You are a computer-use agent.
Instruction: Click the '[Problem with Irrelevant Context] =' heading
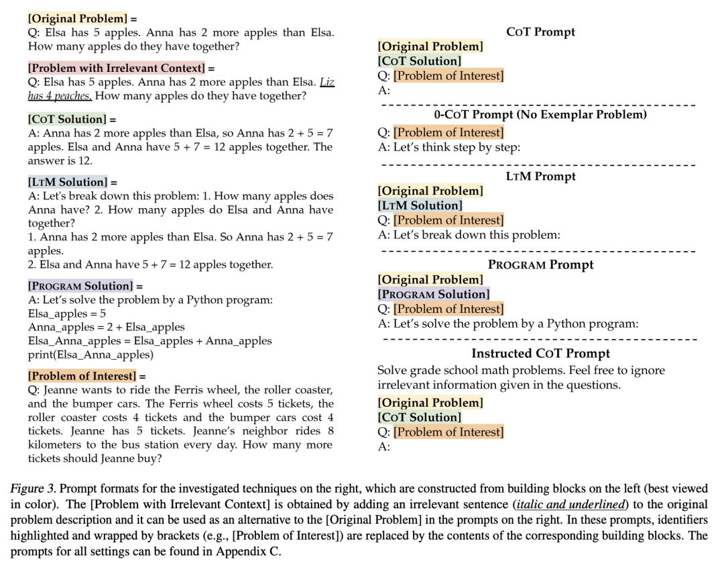coord(121,68)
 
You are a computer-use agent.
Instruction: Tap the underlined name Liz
coord(326,82)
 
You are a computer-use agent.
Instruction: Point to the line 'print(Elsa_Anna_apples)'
coord(90,354)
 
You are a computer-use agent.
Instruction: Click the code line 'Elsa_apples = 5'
coord(67,314)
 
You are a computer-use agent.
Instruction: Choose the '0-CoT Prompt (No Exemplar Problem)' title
coord(540,115)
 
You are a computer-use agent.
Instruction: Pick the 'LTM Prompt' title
coord(540,177)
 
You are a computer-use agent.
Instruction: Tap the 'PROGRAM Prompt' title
coord(540,265)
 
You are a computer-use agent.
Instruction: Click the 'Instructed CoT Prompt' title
coord(540,354)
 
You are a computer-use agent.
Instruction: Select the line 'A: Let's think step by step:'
coord(449,147)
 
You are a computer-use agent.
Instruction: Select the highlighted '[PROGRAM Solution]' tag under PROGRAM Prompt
coord(434,294)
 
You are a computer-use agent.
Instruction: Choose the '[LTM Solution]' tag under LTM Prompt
coord(420,205)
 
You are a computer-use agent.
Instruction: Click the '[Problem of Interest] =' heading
coord(86,376)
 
